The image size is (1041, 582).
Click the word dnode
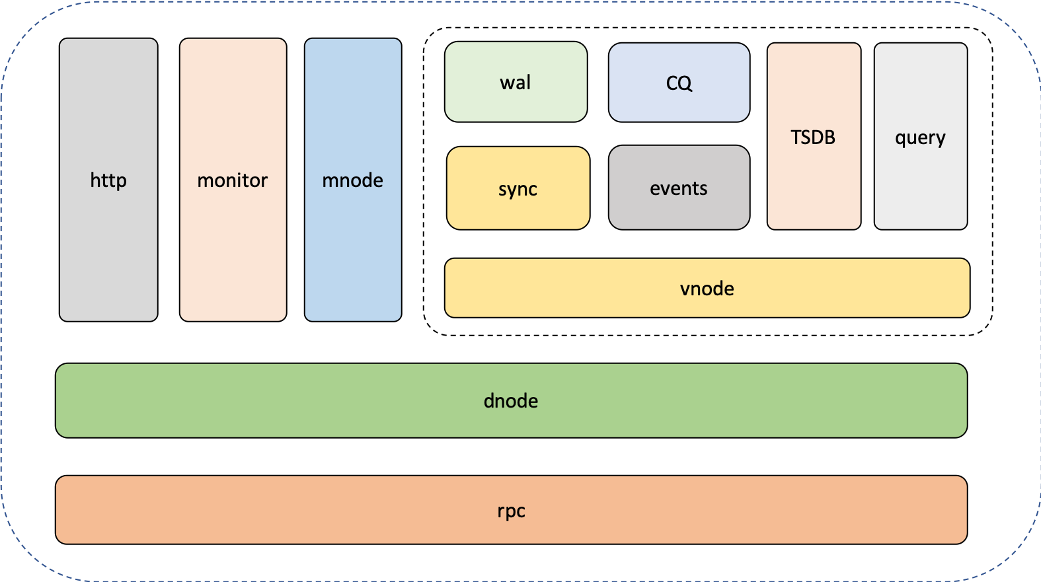coord(511,401)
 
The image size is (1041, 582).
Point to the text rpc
coord(511,511)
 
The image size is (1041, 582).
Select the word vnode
coord(707,289)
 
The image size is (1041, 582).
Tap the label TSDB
coord(813,137)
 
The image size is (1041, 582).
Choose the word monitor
coord(233,180)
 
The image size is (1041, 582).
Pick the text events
coord(679,188)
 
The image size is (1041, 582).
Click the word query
coord(920,138)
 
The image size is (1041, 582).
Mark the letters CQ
coord(679,83)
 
